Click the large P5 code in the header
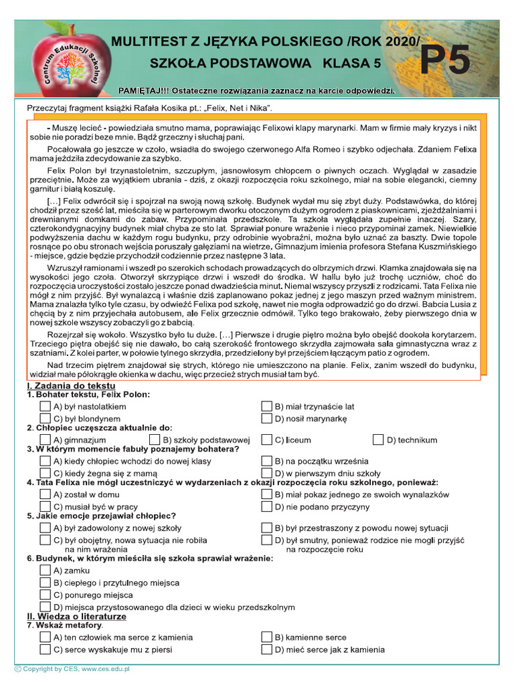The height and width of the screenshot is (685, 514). (445, 62)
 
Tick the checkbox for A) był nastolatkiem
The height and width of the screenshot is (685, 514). (45, 406)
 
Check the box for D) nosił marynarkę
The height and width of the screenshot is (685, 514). (266, 418)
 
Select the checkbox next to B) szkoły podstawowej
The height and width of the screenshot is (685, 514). (155, 439)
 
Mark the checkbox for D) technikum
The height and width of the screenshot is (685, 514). (379, 439)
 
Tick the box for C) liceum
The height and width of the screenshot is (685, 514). (266, 439)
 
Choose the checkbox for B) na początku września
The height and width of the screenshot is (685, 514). (266, 461)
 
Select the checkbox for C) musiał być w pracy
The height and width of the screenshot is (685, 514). (45, 506)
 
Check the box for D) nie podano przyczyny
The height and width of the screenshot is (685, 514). (266, 506)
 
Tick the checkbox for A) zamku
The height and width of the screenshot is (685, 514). (45, 571)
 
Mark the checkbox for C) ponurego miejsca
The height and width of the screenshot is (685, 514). (45, 595)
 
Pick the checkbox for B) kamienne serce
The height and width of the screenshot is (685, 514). (266, 637)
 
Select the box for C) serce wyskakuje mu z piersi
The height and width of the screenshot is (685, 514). (45, 649)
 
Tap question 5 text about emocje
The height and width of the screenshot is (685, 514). (101, 516)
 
